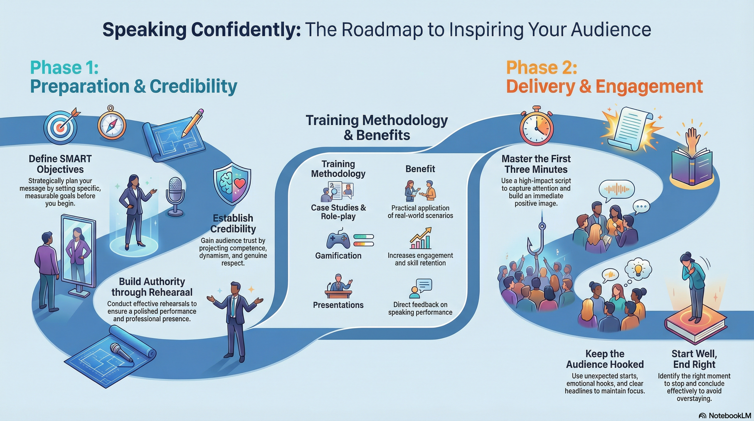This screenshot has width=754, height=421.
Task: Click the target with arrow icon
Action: click(x=60, y=126)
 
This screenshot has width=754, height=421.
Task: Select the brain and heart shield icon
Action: click(x=231, y=184)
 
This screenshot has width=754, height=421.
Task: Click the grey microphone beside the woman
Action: click(x=175, y=195)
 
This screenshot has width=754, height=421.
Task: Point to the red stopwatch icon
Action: click(x=536, y=126)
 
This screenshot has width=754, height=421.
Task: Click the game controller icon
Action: click(x=338, y=239)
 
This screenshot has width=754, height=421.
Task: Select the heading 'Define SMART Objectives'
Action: click(x=60, y=164)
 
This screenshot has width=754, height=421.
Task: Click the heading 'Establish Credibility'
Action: click(x=233, y=223)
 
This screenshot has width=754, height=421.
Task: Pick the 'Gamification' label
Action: click(x=338, y=256)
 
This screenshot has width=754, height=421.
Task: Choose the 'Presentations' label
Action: click(x=338, y=305)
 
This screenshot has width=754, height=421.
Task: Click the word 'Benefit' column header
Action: click(x=420, y=169)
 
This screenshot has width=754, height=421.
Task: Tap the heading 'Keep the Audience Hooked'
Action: click(x=605, y=359)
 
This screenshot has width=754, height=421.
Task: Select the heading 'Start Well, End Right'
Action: click(x=694, y=359)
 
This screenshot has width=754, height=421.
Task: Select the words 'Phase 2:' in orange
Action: click(x=541, y=68)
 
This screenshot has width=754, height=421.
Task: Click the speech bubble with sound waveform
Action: click(x=616, y=190)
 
